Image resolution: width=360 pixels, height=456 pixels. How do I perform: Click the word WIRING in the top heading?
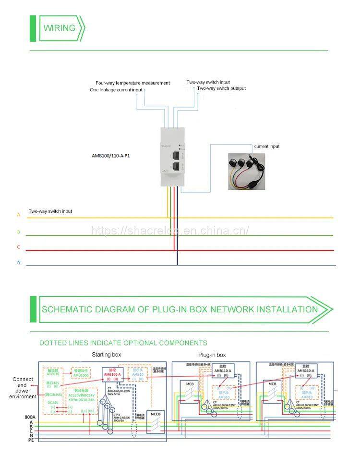[60, 28]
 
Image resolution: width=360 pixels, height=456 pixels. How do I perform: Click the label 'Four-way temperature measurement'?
[132, 83]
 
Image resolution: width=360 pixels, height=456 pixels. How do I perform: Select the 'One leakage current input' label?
[116, 90]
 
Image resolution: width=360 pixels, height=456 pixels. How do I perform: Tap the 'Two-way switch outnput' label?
[221, 88]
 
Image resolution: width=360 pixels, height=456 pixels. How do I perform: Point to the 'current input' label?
[267, 146]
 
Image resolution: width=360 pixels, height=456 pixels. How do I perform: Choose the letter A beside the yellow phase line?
[19, 215]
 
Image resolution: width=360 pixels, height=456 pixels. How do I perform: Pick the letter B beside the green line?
[19, 232]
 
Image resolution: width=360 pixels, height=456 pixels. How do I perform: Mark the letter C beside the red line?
[19, 247]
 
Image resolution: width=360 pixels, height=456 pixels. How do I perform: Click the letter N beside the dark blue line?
[19, 262]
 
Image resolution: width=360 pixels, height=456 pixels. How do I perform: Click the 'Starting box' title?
[107, 355]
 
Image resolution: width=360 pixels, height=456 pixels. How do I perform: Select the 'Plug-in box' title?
[212, 355]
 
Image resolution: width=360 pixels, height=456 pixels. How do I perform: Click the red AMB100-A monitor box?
[112, 375]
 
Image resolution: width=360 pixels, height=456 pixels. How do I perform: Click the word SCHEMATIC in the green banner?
[70, 309]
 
